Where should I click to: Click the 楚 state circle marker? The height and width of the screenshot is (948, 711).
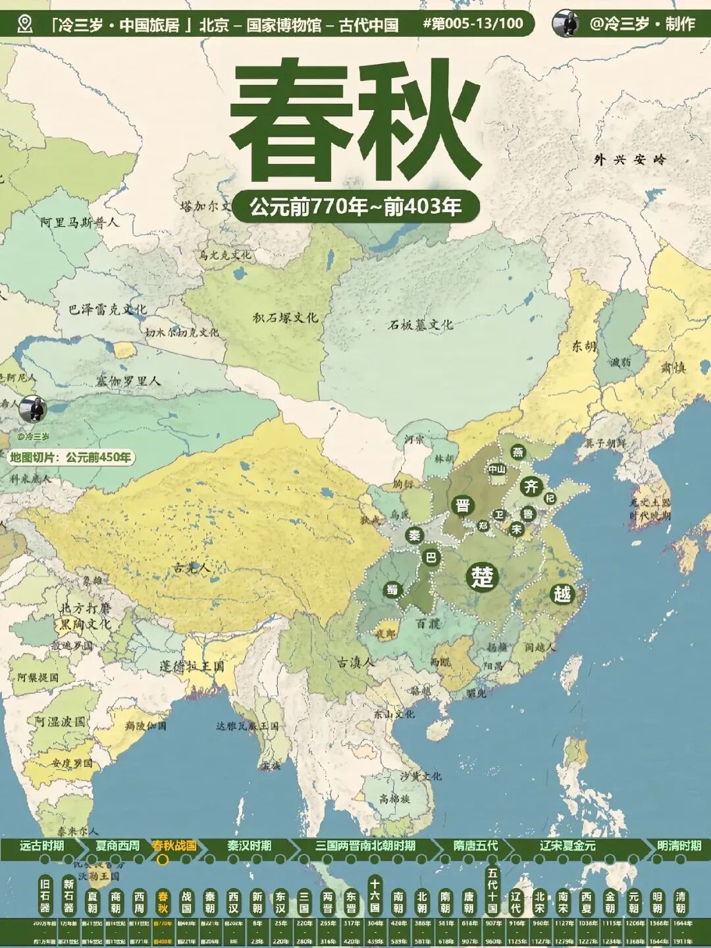(482, 578)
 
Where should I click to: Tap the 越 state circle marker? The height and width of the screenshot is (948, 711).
(562, 594)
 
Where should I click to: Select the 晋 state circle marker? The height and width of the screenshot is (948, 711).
(463, 505)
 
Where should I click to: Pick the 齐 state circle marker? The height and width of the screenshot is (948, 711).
(531, 487)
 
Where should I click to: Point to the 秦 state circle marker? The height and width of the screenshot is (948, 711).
(414, 536)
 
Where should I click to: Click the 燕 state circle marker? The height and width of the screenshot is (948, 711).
(518, 452)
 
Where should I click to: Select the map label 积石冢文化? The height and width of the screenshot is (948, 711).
(285, 318)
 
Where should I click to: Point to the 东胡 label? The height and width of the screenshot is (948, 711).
(583, 347)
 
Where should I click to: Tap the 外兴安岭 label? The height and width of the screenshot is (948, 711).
(630, 159)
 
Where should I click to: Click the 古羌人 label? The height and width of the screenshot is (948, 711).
(192, 568)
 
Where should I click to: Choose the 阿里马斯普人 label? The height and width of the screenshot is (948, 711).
(80, 222)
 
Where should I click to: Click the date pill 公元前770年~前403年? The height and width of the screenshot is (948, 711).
(355, 207)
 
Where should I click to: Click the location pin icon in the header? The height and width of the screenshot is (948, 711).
(25, 24)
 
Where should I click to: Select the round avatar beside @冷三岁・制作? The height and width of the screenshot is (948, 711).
(566, 24)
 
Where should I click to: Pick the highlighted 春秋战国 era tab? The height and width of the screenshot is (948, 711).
(174, 846)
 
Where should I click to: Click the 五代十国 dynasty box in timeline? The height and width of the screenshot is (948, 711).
(492, 889)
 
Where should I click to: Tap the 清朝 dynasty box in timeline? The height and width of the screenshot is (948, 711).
(680, 902)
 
